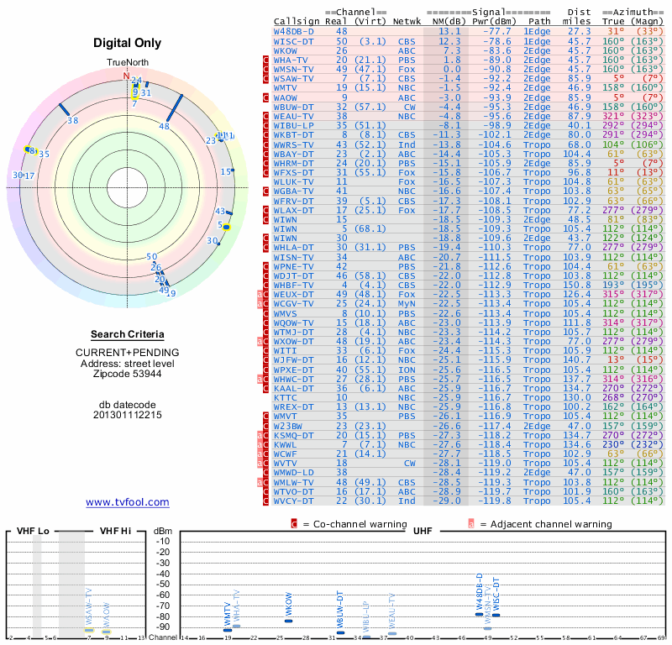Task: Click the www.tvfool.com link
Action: pos(128,502)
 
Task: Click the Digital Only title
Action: pos(128,44)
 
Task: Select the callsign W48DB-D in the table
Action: pos(294,31)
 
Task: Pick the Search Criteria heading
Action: pos(128,334)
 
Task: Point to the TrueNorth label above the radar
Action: pos(127,63)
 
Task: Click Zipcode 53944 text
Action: pos(128,374)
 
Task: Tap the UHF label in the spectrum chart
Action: pos(423,532)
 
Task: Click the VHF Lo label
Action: pos(33,532)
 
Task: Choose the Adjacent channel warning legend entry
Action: pos(546,523)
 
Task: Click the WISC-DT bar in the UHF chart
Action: pos(496,616)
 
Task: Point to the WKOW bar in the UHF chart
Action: pos(289,621)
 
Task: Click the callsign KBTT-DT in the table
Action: pos(293,134)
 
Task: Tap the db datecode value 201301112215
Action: pos(128,414)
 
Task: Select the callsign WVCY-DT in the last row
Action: pos(293,501)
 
